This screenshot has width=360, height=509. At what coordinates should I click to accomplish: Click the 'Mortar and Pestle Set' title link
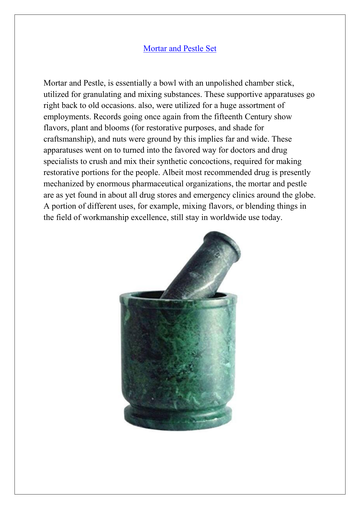point(180,48)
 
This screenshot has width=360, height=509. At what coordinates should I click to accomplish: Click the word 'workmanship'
point(106,218)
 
